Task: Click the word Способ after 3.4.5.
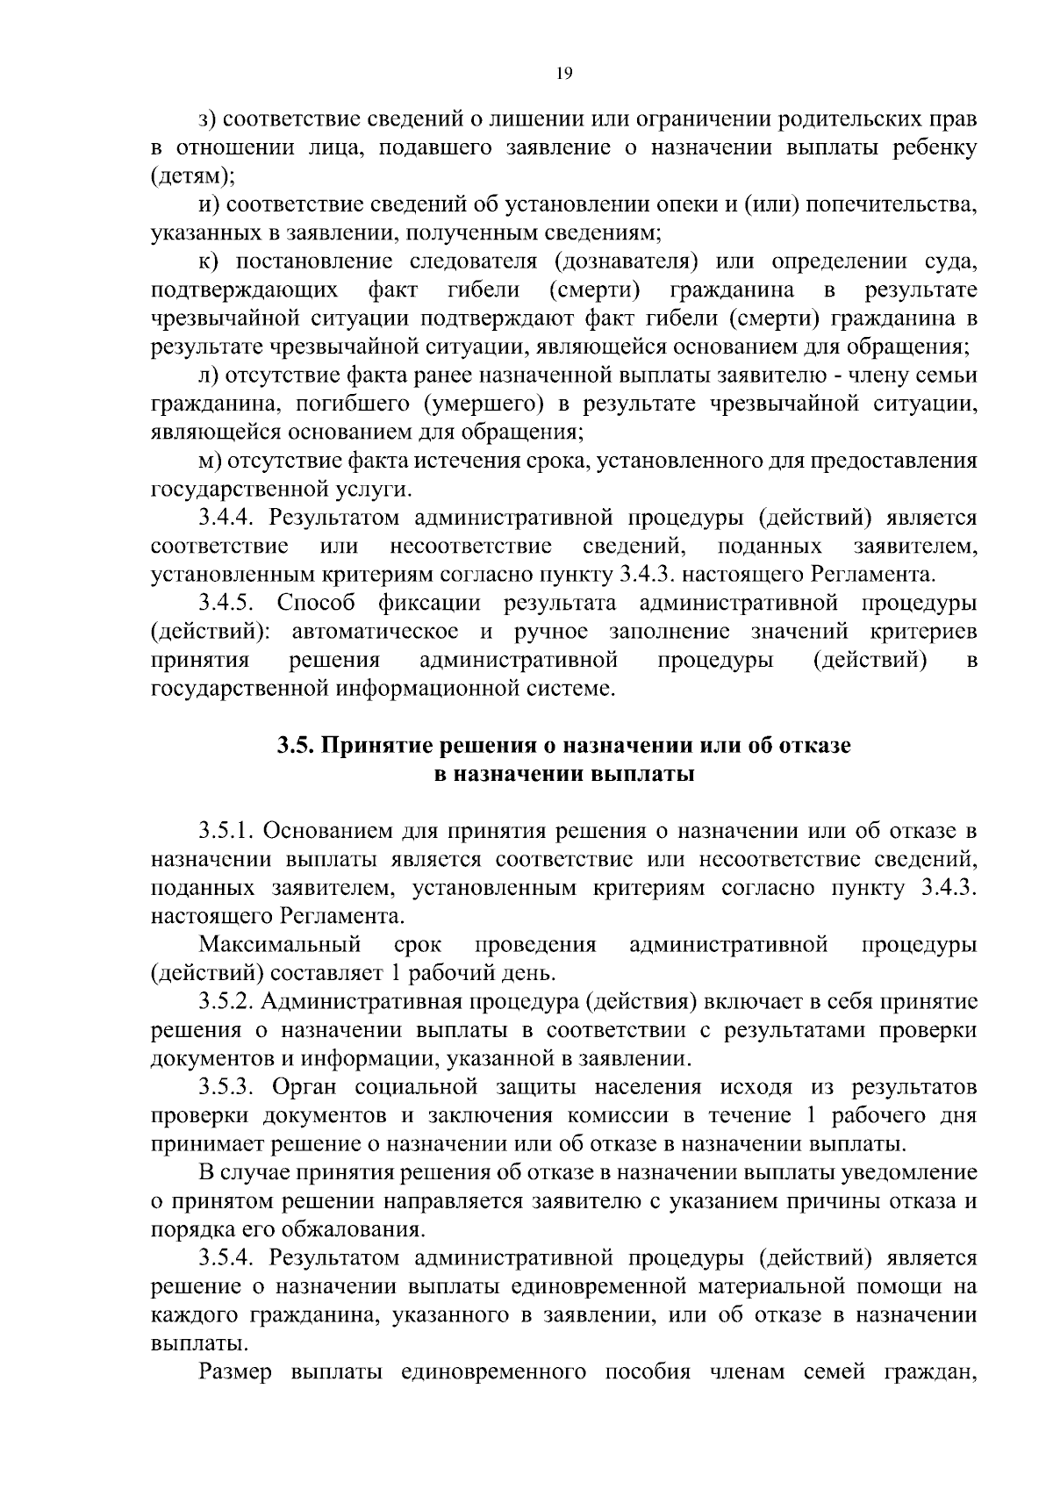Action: pyautogui.click(x=316, y=604)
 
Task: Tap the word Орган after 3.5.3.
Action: pyautogui.click(x=305, y=1087)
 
